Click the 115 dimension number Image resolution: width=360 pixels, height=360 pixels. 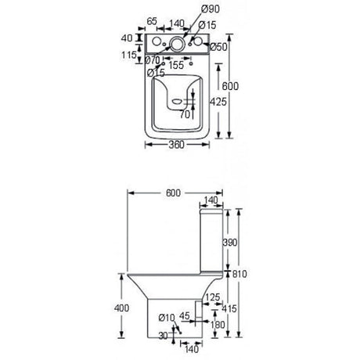click(x=129, y=55)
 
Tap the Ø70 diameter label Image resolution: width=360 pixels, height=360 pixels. click(x=153, y=59)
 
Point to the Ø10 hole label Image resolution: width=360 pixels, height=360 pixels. click(x=164, y=317)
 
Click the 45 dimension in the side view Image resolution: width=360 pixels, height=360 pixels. click(x=185, y=317)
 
